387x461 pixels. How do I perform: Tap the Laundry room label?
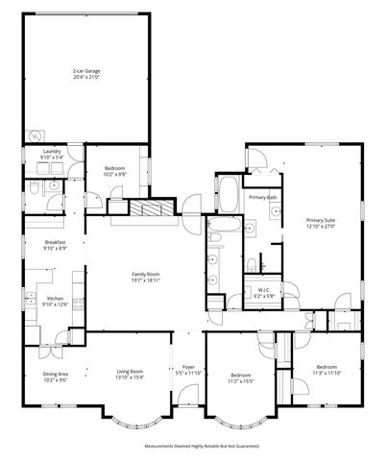click(x=52, y=152)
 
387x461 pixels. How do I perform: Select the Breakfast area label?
click(x=54, y=242)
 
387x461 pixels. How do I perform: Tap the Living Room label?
click(x=130, y=372)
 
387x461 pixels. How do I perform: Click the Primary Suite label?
click(x=321, y=220)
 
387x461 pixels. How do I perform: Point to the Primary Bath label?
click(x=262, y=197)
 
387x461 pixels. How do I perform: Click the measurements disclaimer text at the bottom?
click(x=193, y=447)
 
